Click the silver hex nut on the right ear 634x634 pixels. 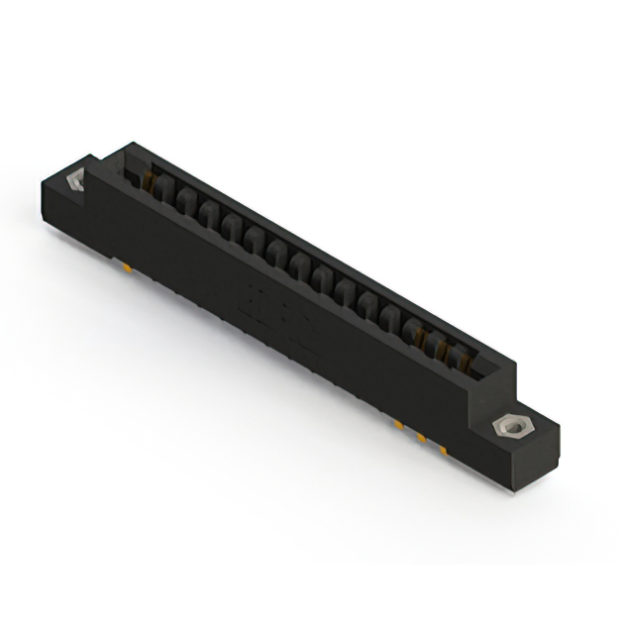click(x=509, y=427)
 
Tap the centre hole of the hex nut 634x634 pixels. click(x=509, y=427)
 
